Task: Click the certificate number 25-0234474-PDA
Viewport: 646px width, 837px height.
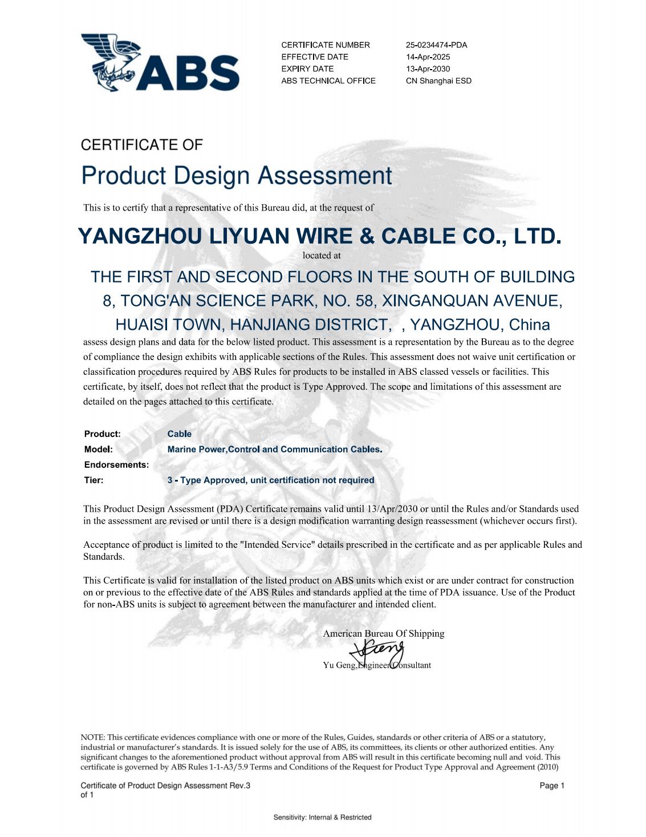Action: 436,45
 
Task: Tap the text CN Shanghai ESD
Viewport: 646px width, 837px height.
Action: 438,81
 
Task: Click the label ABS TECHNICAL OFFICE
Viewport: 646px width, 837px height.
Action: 328,81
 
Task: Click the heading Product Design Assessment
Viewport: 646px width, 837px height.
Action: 237,176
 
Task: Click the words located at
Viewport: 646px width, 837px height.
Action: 322,255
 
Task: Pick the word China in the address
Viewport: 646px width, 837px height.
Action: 529,325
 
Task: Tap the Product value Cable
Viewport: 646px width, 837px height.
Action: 180,434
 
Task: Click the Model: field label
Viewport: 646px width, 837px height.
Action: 99,450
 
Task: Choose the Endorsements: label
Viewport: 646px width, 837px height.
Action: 116,465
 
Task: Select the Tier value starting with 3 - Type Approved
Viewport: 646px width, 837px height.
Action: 271,480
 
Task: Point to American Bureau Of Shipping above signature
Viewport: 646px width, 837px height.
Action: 384,633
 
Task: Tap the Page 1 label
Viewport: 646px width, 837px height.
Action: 551,786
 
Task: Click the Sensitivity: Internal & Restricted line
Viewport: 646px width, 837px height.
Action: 322,818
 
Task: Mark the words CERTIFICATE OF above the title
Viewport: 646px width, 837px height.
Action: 142,145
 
